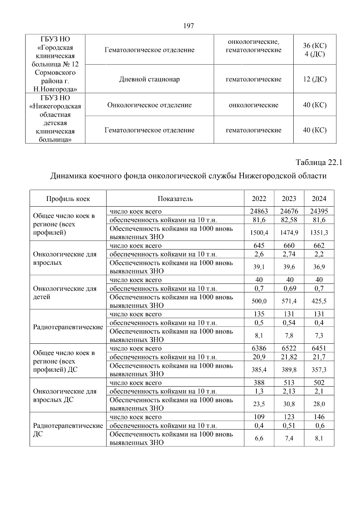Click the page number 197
pos(188,26)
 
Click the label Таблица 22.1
pos(319,163)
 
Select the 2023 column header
pos(289,199)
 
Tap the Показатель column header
pos(175,199)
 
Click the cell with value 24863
pos(259,211)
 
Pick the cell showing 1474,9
pos(289,232)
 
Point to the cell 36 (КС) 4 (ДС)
pos(315,50)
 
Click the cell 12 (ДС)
pos(315,79)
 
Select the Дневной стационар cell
pos(149,79)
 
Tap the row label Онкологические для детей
pos(65,292)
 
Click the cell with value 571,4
pos(289,301)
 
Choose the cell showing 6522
pos(289,348)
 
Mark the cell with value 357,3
pos(319,370)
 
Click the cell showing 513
pos(289,383)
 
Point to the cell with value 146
pos(319,417)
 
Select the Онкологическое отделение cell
pos(149,105)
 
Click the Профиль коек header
pos(68,199)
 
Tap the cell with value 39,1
pos(259,267)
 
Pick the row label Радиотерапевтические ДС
pos(68,430)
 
